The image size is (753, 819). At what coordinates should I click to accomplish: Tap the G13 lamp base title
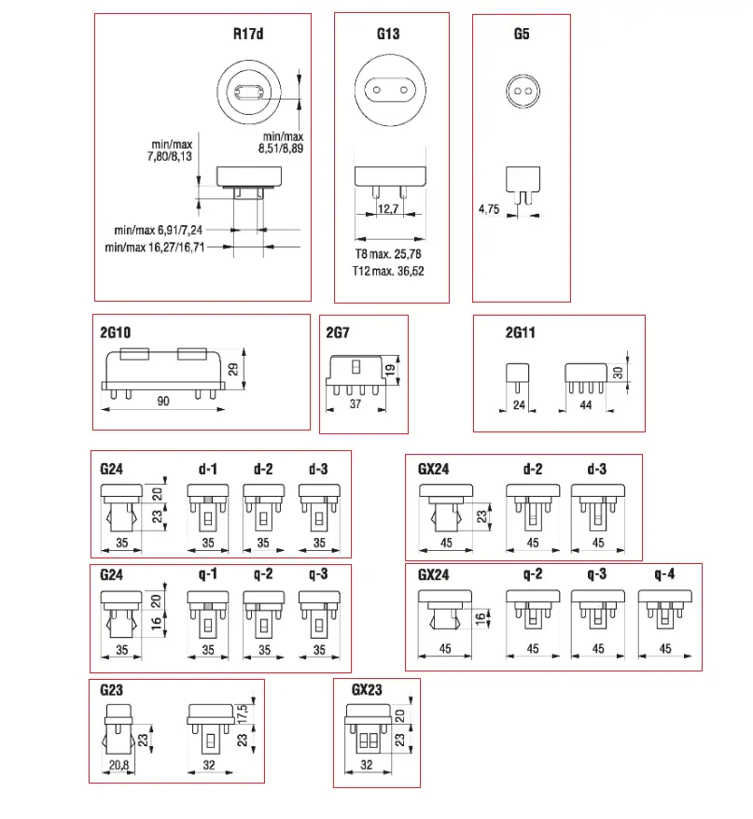[389, 35]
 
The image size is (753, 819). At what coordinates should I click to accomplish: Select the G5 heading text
[522, 35]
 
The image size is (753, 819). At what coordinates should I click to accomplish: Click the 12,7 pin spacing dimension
[389, 209]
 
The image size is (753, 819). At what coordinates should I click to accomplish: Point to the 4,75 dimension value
[489, 210]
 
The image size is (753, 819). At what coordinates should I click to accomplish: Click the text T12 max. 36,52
[390, 272]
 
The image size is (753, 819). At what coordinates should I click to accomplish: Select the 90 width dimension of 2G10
[162, 402]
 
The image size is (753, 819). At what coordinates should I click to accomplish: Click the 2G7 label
[338, 332]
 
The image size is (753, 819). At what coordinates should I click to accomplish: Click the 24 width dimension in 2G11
[518, 405]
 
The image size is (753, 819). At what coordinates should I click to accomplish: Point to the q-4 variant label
[663, 573]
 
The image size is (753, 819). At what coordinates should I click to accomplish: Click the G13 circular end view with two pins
[389, 92]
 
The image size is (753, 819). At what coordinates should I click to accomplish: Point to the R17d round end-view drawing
[249, 92]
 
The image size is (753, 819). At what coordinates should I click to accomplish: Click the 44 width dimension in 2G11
[587, 405]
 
